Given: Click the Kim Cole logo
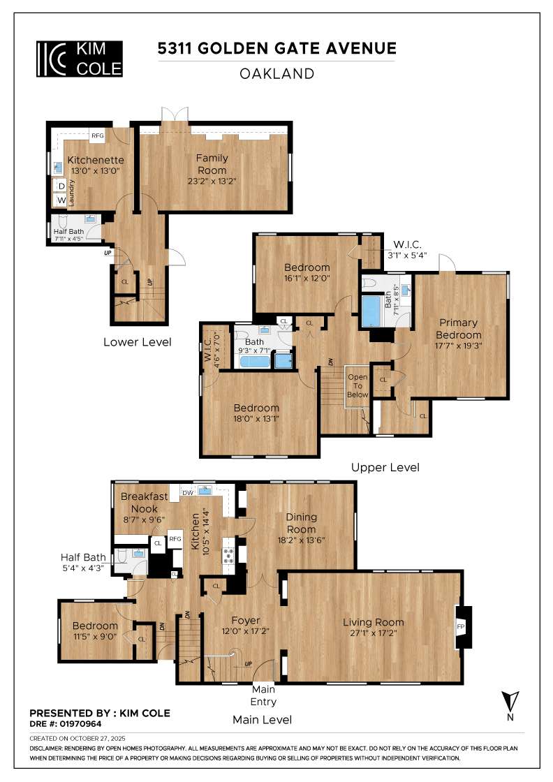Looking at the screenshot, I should click(80, 58).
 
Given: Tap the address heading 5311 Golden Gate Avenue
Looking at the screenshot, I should click(276, 48).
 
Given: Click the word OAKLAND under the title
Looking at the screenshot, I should click(276, 73).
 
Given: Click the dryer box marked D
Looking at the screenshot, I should click(61, 186).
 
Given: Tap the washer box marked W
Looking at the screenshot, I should click(61, 200).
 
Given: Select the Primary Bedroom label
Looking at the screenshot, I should click(459, 328).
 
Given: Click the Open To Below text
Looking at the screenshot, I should click(357, 385).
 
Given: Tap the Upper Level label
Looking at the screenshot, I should click(385, 467).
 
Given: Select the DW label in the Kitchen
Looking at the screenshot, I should click(187, 492).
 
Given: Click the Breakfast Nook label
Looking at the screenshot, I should click(145, 502).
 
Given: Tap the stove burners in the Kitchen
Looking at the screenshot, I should click(228, 555).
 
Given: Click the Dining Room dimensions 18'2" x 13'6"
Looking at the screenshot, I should click(301, 540).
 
